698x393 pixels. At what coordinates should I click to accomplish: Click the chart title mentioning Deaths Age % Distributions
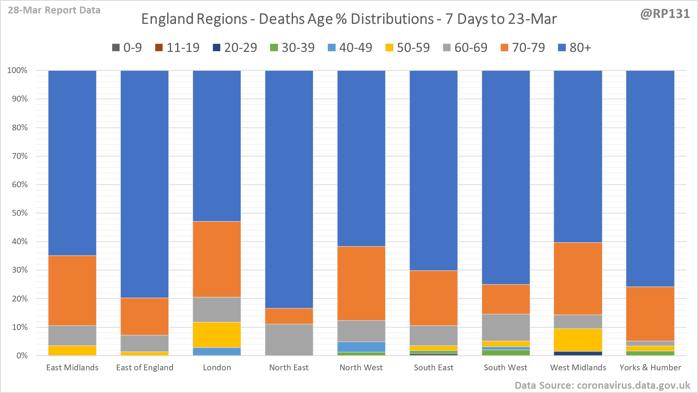pyautogui.click(x=349, y=19)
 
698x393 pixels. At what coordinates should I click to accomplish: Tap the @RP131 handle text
pyautogui.click(x=665, y=14)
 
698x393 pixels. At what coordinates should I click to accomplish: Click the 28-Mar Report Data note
pyautogui.click(x=54, y=10)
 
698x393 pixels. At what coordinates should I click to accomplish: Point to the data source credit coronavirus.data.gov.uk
pyautogui.click(x=602, y=385)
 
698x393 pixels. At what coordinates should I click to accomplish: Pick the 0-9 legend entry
pyautogui.click(x=127, y=48)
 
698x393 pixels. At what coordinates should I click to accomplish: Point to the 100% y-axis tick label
pyautogui.click(x=18, y=70)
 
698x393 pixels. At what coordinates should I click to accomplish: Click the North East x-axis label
pyautogui.click(x=289, y=368)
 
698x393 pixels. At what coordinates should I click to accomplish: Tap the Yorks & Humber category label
pyautogui.click(x=650, y=368)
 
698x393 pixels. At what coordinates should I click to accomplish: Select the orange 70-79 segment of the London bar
pyautogui.click(x=217, y=259)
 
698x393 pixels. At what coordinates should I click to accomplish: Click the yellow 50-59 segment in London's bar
pyautogui.click(x=217, y=335)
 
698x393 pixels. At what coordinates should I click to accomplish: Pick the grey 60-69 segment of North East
pyautogui.click(x=289, y=340)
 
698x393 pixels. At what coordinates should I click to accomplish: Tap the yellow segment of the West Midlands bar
pyautogui.click(x=578, y=340)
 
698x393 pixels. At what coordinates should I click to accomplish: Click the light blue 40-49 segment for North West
pyautogui.click(x=361, y=347)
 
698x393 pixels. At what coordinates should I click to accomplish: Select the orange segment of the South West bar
pyautogui.click(x=506, y=299)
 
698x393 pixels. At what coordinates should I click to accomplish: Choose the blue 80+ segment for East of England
pyautogui.click(x=145, y=184)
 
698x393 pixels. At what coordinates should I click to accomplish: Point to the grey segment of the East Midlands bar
pyautogui.click(x=72, y=335)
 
